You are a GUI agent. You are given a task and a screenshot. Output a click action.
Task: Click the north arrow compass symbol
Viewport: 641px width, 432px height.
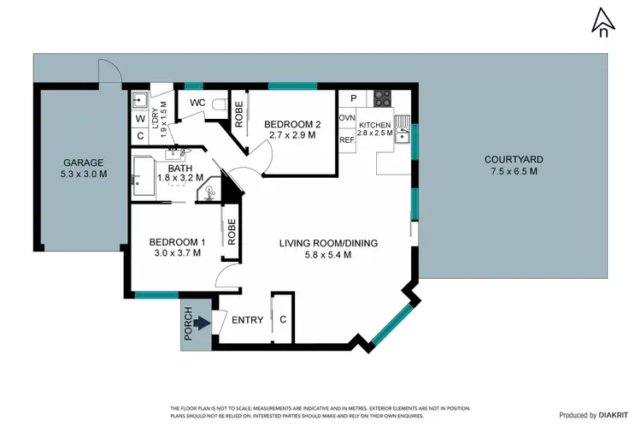603,21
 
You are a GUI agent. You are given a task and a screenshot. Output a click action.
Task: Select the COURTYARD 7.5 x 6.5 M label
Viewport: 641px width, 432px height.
514,165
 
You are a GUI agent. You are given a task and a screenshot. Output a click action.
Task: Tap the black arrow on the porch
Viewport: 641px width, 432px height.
200,323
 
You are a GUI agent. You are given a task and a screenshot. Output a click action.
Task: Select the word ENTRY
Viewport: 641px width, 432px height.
248,320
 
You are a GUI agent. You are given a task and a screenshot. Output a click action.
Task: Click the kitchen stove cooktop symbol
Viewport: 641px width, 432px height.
380,98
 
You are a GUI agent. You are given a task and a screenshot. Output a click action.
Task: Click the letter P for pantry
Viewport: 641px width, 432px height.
353,99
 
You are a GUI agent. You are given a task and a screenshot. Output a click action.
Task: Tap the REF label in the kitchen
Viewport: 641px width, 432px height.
347,139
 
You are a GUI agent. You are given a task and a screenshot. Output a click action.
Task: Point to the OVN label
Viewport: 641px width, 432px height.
347,118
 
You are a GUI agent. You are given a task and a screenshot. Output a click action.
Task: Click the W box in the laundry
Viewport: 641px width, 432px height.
140,118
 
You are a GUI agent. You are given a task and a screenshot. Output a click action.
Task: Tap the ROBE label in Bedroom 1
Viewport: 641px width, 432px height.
231,230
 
